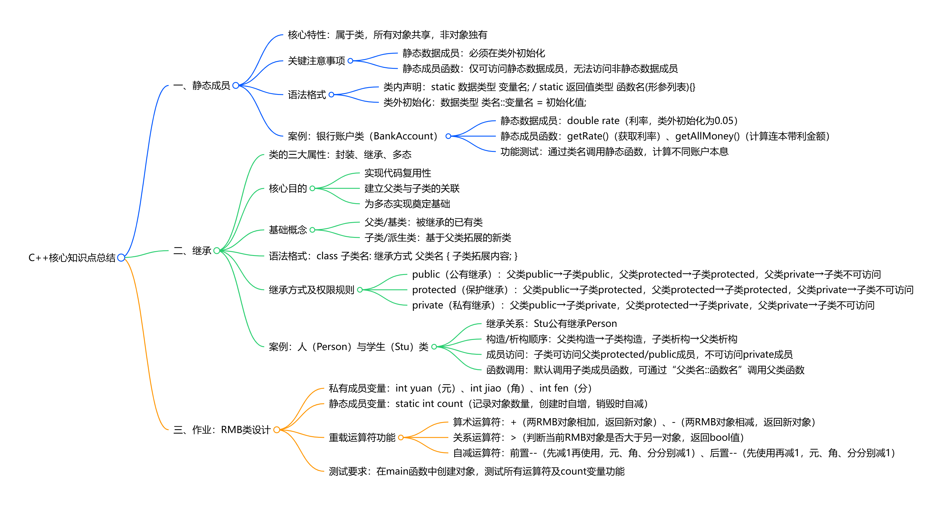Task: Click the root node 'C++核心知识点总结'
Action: click(72, 258)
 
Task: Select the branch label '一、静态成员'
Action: click(202, 85)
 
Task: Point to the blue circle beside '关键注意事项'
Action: click(350, 61)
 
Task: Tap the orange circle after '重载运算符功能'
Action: click(401, 437)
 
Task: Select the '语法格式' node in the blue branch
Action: click(307, 95)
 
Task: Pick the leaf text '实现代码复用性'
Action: click(398, 173)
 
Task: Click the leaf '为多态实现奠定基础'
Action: click(407, 204)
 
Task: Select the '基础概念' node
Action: click(288, 230)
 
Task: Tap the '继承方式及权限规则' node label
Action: click(311, 290)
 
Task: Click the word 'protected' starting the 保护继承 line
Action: click(434, 290)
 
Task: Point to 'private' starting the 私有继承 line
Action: click(427, 305)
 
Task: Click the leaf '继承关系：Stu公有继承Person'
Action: click(551, 324)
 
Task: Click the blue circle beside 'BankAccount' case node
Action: click(448, 136)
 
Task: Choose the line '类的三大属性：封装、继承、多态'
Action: click(340, 155)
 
